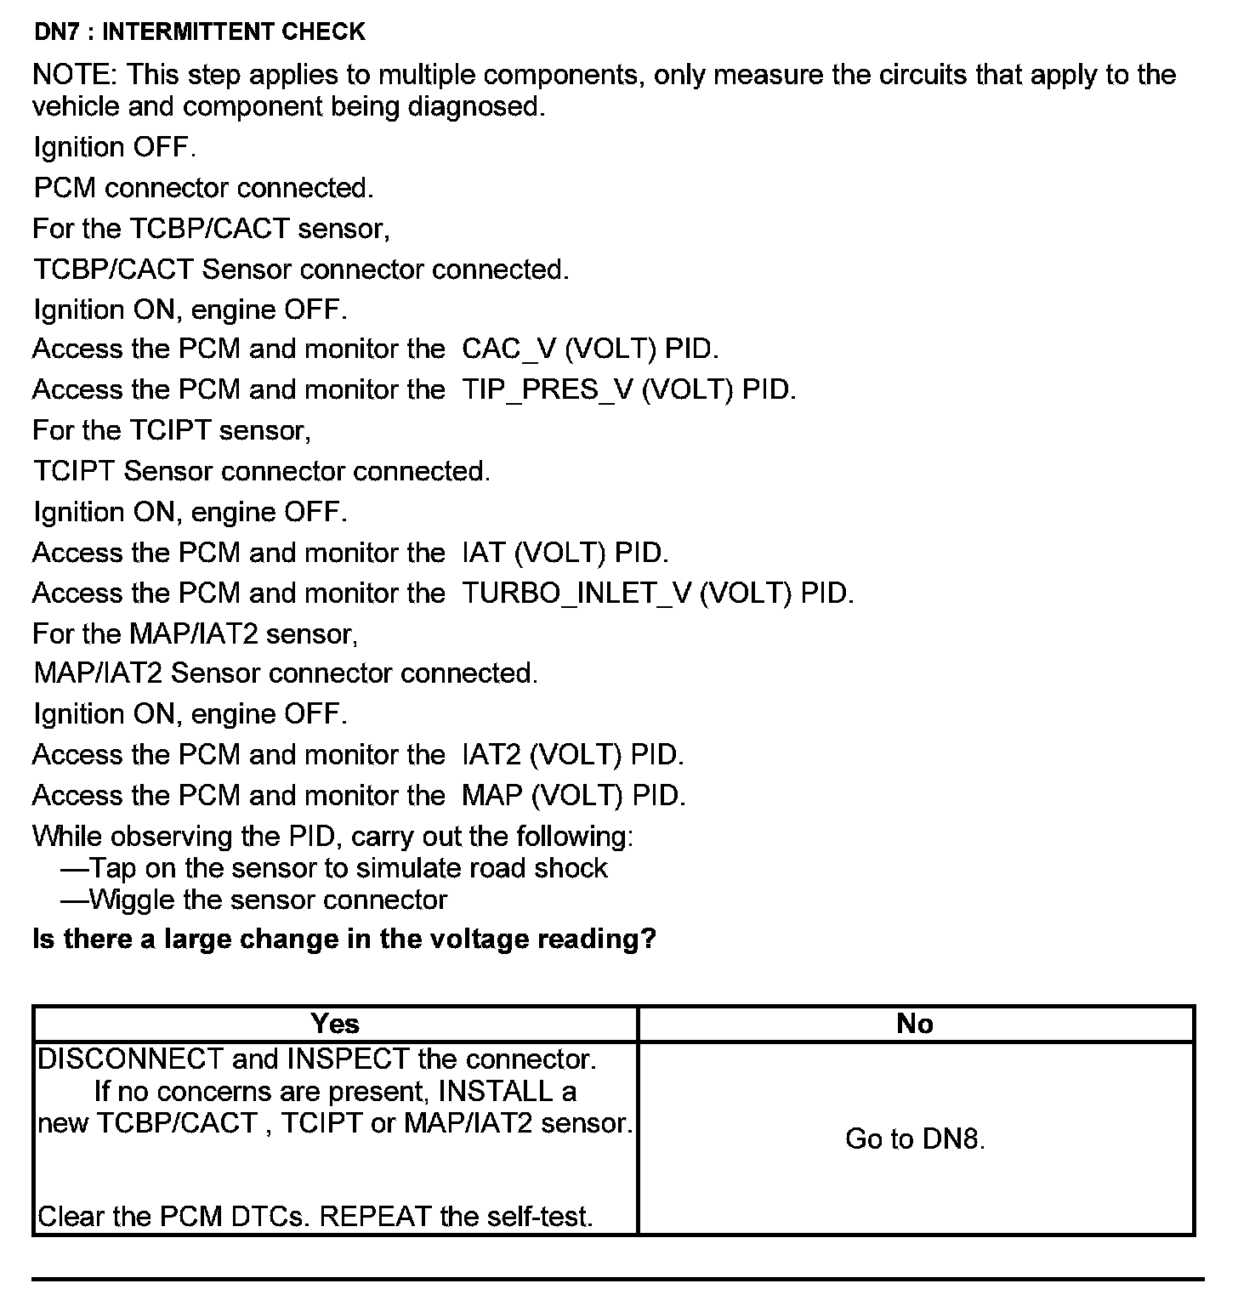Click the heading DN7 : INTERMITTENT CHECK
(x=199, y=32)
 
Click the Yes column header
(x=335, y=1024)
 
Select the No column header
(x=915, y=1024)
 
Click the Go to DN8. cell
(x=915, y=1139)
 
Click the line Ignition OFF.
(x=115, y=148)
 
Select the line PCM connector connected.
(x=203, y=188)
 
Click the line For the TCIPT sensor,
(x=172, y=430)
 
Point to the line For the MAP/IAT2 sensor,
(x=195, y=633)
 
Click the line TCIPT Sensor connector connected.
(x=262, y=471)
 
